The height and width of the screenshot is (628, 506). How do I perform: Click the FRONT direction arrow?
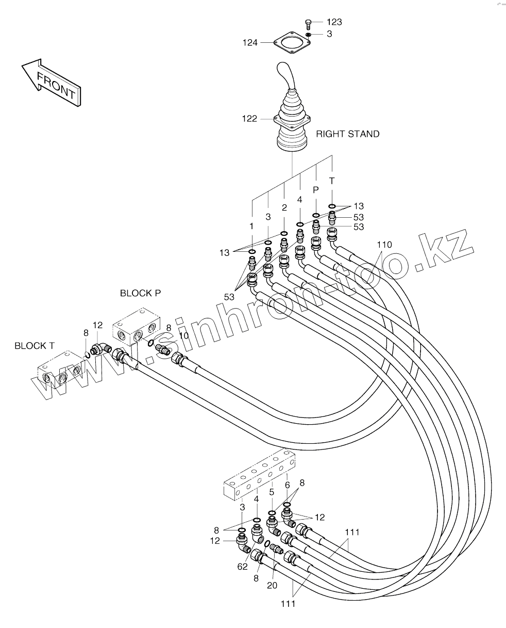point(52,82)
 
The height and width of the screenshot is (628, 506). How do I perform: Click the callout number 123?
point(334,22)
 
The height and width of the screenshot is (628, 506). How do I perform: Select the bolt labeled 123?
point(308,24)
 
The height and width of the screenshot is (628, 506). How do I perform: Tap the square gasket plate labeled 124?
point(292,43)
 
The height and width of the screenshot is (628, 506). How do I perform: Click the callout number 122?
point(249,119)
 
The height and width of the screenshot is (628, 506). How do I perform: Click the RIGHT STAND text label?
point(348,134)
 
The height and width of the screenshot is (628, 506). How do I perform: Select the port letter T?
point(332,181)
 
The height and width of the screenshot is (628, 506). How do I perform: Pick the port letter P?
point(316,190)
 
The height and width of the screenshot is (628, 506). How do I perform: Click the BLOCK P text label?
point(141,293)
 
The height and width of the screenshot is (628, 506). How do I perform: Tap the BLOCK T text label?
point(35,346)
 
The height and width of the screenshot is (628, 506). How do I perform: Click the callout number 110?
point(384,245)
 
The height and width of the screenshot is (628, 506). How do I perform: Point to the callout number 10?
point(183,335)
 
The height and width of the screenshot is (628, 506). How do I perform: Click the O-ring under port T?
point(332,206)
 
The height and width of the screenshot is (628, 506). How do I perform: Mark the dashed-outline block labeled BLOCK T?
point(60,369)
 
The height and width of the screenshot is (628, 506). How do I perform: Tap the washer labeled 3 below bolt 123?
point(308,35)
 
